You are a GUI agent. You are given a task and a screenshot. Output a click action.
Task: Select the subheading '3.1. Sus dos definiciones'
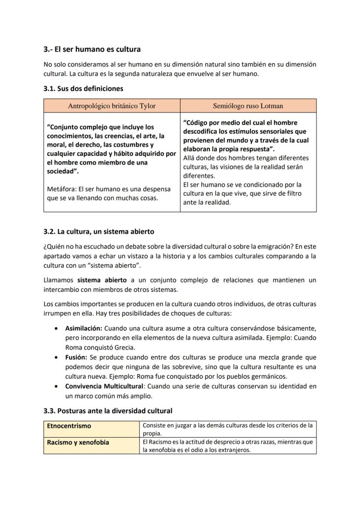(x=83, y=89)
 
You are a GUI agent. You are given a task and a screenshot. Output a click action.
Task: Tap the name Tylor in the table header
(x=147, y=106)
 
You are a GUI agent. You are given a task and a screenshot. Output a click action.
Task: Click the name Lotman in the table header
(x=272, y=106)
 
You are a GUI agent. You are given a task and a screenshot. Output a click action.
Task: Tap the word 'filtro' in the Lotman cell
(x=292, y=193)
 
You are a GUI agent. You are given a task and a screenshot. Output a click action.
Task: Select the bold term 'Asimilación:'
(x=83, y=328)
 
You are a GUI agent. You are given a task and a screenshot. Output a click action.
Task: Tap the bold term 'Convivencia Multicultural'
(x=104, y=386)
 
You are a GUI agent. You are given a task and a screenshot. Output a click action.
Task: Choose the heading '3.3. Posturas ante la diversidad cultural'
(x=108, y=411)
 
